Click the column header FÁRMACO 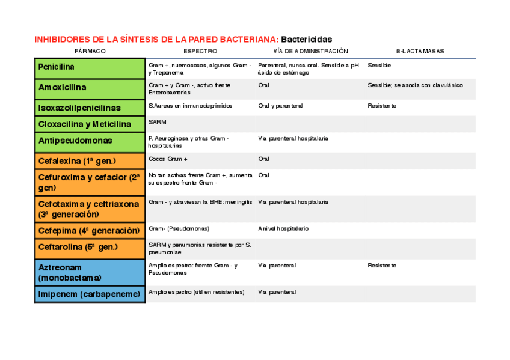[x=90, y=52]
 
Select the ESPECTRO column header [x=200, y=52]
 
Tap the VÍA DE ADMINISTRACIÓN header [x=310, y=52]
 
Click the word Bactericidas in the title [x=306, y=40]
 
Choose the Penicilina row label [x=57, y=67]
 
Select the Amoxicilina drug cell [x=63, y=88]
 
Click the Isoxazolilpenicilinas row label [x=79, y=108]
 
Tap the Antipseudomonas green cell [x=75, y=141]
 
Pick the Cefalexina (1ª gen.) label [x=77, y=161]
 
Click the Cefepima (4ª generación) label [x=89, y=231]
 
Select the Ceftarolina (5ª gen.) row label [x=78, y=247]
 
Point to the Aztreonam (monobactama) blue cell [x=70, y=272]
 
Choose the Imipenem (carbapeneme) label [x=89, y=294]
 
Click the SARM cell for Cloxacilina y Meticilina [x=158, y=122]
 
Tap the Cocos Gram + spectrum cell [x=168, y=159]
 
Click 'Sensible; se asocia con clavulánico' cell [x=415, y=85]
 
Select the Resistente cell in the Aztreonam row [x=382, y=265]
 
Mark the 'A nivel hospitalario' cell [x=283, y=228]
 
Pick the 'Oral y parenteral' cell [x=280, y=106]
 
